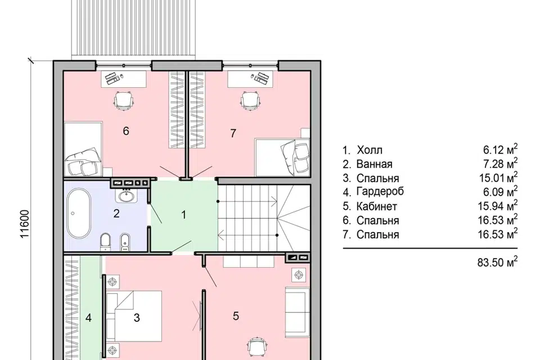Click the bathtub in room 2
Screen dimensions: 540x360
(x=79, y=213)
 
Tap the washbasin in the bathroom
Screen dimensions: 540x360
(x=127, y=196)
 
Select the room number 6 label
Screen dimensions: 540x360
(x=125, y=131)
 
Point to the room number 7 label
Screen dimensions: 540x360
(x=233, y=133)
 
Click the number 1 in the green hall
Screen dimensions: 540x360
(x=183, y=215)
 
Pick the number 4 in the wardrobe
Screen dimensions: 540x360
(x=88, y=318)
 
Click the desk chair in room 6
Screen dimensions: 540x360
(x=124, y=101)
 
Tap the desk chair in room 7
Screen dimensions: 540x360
(x=250, y=101)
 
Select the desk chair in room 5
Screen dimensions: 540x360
(x=259, y=348)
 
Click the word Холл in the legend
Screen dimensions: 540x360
(x=370, y=150)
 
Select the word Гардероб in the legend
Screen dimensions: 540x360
(x=380, y=192)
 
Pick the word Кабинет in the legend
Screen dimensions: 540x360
(x=377, y=206)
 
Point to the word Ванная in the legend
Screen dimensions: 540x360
(x=375, y=164)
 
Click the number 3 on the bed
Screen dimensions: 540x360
(x=137, y=318)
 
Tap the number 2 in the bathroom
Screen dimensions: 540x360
(x=116, y=214)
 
